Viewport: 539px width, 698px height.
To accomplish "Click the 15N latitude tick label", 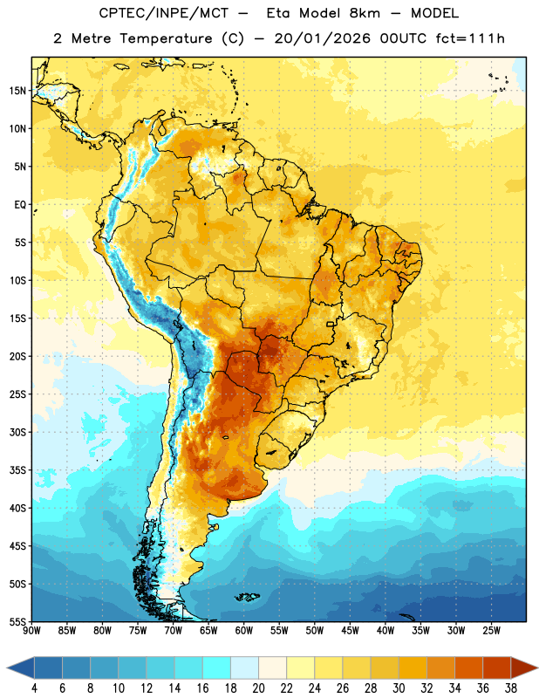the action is click(x=17, y=91).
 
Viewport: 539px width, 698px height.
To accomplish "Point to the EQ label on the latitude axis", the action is click(x=20, y=205).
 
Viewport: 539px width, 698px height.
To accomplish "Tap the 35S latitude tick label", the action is click(x=17, y=470).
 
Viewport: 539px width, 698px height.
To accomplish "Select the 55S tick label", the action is click(x=17, y=621).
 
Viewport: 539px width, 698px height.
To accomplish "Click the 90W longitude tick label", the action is click(x=32, y=631).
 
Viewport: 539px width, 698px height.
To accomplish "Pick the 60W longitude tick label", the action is click(x=244, y=631).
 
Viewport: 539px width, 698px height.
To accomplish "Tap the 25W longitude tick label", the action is click(x=491, y=631).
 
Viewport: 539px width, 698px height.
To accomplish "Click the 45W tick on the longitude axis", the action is click(x=350, y=631).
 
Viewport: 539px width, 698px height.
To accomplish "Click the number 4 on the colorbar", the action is click(x=34, y=688).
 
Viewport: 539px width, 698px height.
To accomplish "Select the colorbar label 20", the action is click(x=258, y=688).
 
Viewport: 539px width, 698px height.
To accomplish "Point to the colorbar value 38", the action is click(x=511, y=688).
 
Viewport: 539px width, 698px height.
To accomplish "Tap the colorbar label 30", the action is click(x=399, y=688).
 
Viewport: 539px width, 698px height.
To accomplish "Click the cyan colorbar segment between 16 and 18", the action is click(x=216, y=667).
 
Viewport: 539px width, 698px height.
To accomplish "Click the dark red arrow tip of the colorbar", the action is click(x=537, y=667).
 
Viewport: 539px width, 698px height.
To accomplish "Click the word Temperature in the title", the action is click(x=166, y=38).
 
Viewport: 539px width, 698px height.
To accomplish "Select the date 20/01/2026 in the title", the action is click(x=322, y=38).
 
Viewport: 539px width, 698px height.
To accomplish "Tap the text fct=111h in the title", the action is click(x=470, y=38).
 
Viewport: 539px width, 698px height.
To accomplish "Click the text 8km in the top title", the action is click(x=365, y=13).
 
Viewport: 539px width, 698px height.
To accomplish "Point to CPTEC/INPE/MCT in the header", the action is click(x=163, y=13).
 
